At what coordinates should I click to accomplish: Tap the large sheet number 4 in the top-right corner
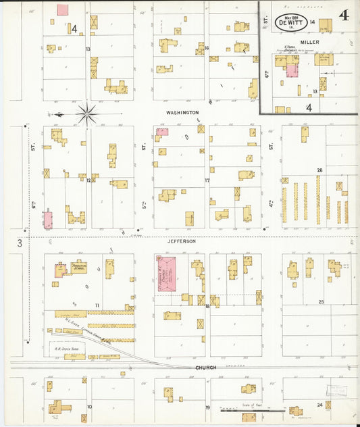coord(344,16)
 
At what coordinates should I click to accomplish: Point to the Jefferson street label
coord(182,241)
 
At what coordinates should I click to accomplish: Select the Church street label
coord(206,368)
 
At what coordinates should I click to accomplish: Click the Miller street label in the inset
coord(310,42)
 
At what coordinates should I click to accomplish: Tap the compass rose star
coord(86,114)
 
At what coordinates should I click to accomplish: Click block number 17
coord(207,180)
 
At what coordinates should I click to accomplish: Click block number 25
coord(322,301)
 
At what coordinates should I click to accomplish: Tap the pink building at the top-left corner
coord(62,9)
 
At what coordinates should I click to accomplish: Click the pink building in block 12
coord(48,220)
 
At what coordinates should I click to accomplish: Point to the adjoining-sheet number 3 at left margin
coord(20,243)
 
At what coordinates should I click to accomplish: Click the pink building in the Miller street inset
coord(292,70)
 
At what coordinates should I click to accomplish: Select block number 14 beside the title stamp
coord(313,22)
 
